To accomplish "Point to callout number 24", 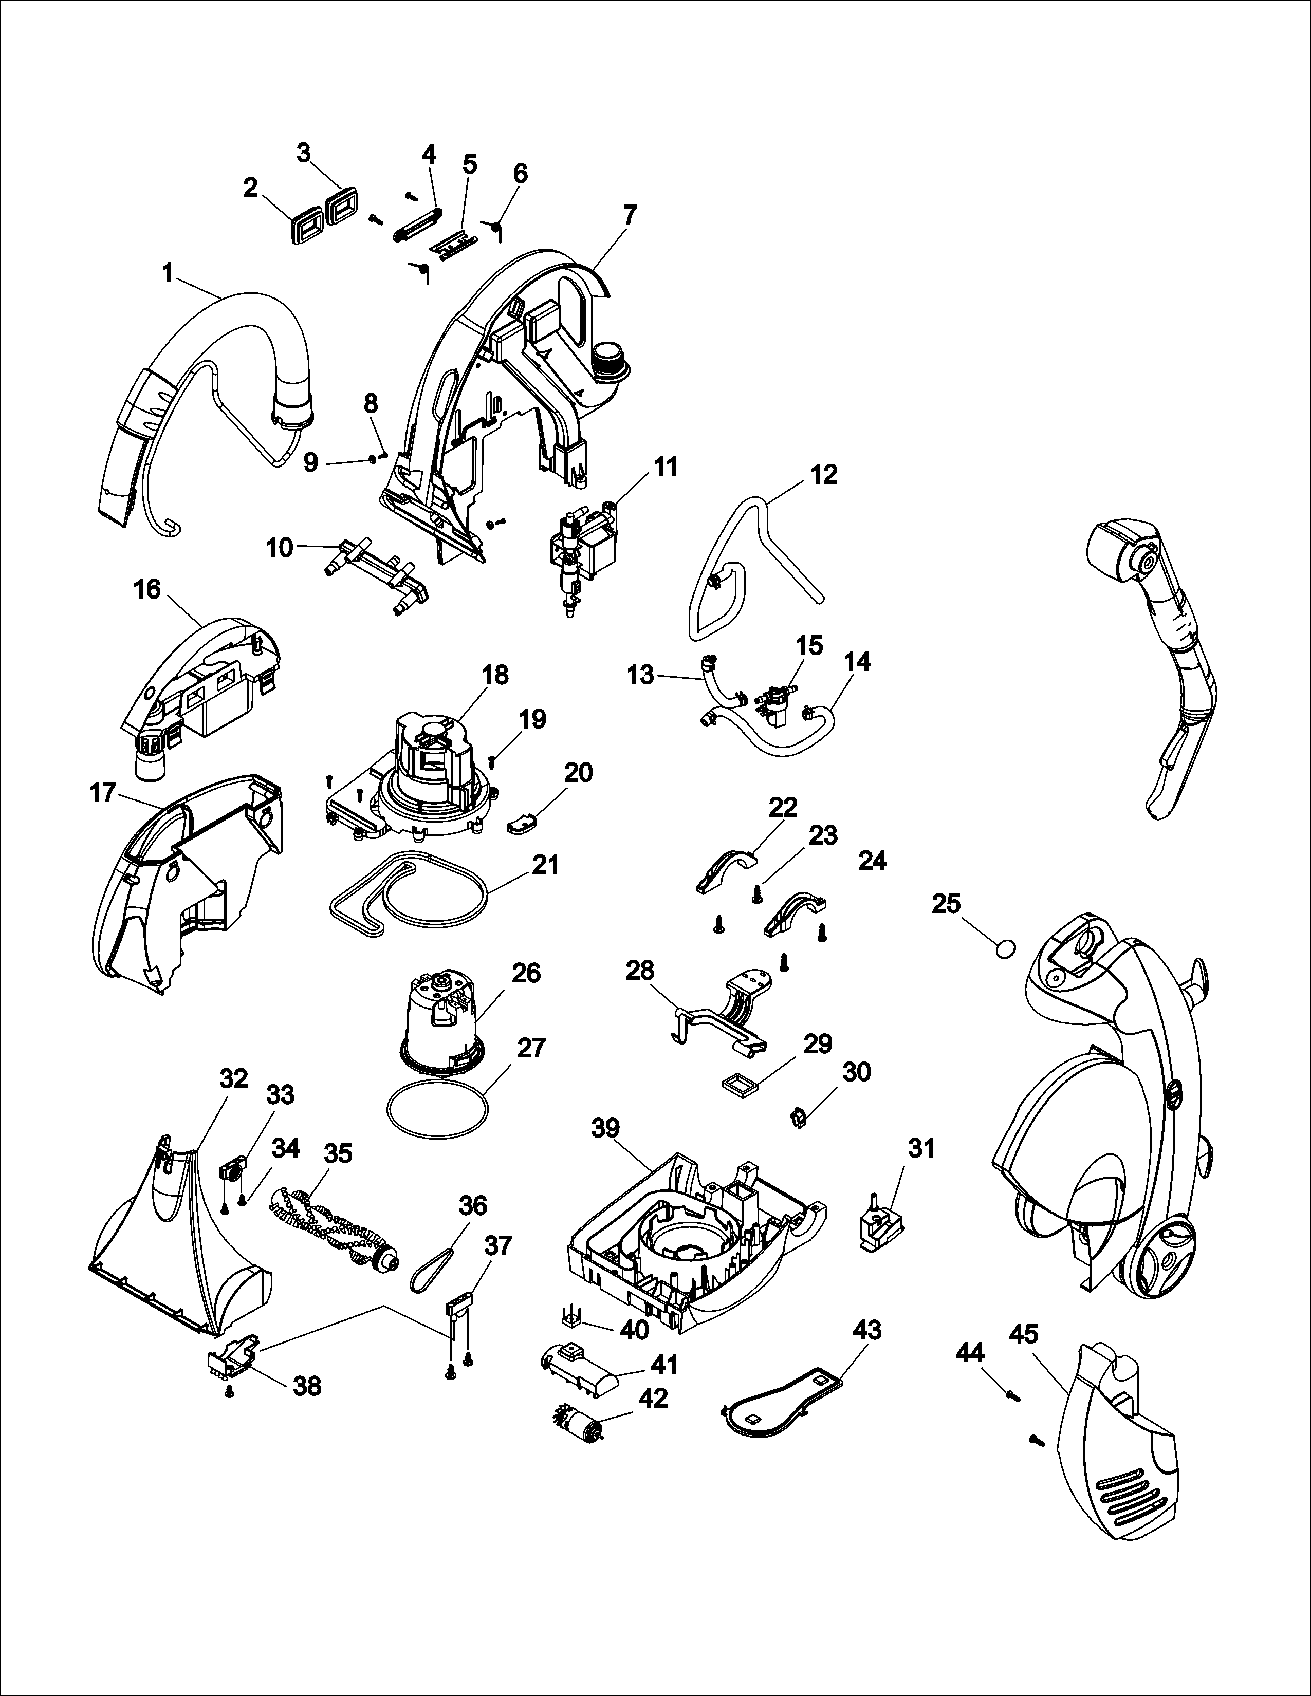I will (872, 861).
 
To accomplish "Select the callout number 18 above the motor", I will (495, 675).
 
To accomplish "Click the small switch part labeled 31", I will (881, 1226).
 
